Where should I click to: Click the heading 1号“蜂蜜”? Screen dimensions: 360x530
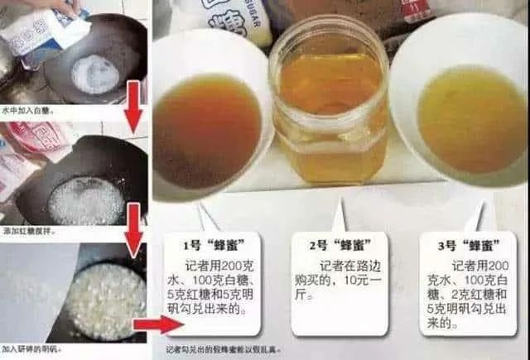point(216,245)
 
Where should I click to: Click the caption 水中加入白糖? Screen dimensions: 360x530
point(22,108)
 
